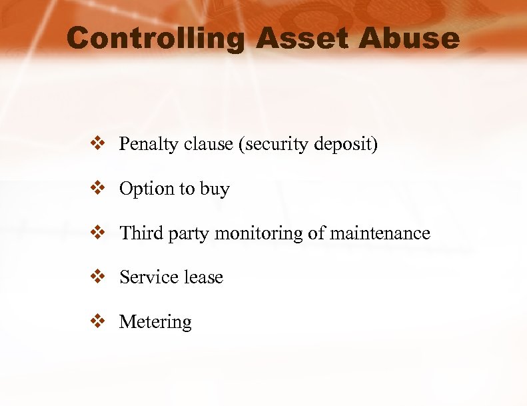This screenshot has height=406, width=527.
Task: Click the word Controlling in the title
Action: point(156,39)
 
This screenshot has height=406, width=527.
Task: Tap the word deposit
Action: point(347,145)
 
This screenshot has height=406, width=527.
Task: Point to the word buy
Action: point(215,189)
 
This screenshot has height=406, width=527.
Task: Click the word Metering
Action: point(155,322)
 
